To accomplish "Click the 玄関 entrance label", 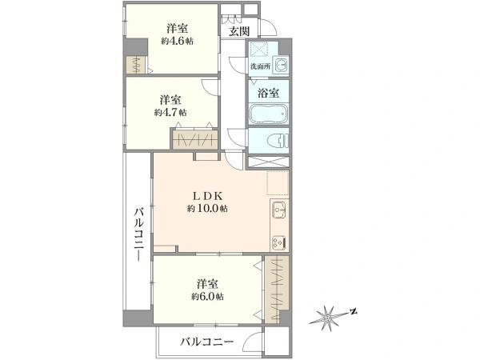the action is pos(239,31).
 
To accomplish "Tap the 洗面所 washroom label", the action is pos(260,66).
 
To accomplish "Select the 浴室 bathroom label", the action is pos(268,93).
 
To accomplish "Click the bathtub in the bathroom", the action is pos(269,114).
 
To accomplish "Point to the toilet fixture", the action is pos(278,141).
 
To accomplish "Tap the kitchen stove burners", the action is pos(279,243).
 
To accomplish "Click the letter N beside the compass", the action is pos(354,312).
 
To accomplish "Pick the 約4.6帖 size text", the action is pos(178,42).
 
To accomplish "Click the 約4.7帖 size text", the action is pos(170,113).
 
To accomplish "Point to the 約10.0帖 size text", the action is pos(207,209).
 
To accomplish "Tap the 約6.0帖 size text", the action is pos(207,297).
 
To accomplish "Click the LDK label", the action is pos(207,196).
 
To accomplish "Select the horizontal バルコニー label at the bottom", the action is pos(206,342).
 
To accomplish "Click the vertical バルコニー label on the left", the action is pos(139,234).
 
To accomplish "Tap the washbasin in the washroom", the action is pos(281,65).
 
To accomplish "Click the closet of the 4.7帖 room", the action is pos(194,139).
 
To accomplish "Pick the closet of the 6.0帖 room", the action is pos(277,289).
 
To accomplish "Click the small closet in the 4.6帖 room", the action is pos(135,65).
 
